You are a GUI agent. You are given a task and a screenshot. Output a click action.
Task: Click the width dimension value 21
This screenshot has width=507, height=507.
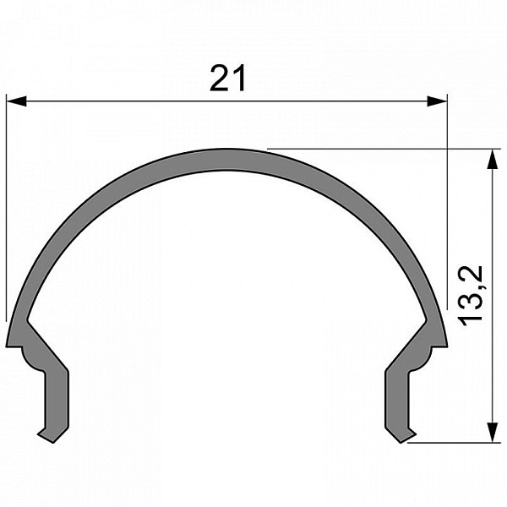point(227,79)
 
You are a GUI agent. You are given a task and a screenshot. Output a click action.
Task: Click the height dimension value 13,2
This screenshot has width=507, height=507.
point(471,296)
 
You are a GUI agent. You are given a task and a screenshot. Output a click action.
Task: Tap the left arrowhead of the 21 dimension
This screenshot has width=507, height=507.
point(16,101)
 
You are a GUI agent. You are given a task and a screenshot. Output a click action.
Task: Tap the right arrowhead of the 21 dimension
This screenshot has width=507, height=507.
point(437,101)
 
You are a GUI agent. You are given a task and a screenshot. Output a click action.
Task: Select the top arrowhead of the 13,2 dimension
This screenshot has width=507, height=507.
point(492,159)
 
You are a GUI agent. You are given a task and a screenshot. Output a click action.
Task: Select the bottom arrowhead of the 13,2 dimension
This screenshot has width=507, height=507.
point(492,432)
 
